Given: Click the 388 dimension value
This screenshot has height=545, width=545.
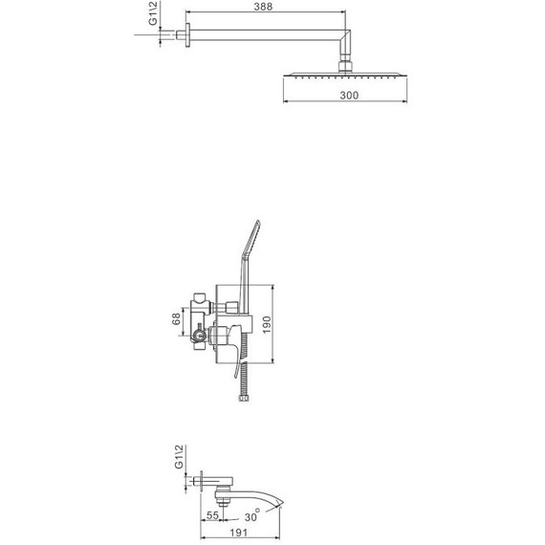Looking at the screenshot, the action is click(x=263, y=7).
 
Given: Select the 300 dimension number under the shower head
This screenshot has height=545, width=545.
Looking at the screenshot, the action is click(x=349, y=96).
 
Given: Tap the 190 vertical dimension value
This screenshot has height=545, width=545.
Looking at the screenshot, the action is click(x=267, y=325).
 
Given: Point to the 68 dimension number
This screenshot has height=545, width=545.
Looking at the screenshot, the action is click(x=177, y=318).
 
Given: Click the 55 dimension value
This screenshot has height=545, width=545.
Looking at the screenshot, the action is click(x=212, y=514).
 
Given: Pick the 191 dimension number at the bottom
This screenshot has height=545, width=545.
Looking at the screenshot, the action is click(x=239, y=533).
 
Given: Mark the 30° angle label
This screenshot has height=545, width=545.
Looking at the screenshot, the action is click(x=252, y=515).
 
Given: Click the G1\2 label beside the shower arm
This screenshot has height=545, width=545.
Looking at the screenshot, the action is click(x=153, y=13).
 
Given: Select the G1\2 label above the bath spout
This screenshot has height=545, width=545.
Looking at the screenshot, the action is click(x=179, y=457).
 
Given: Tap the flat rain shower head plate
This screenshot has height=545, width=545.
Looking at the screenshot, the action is click(x=345, y=75).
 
